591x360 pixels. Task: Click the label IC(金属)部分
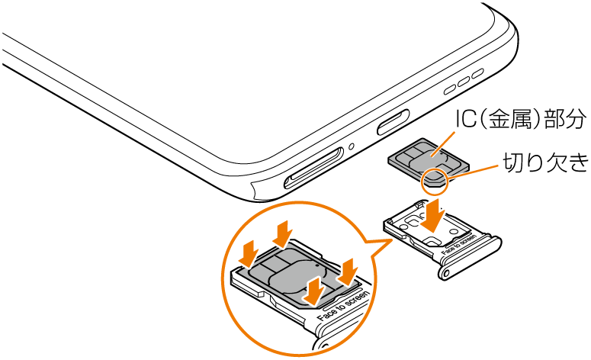(x=521, y=118)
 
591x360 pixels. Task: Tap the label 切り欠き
(x=546, y=162)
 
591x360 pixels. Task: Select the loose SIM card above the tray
(x=429, y=162)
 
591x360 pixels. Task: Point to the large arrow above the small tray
(x=433, y=216)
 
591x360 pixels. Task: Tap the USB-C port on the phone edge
(x=393, y=123)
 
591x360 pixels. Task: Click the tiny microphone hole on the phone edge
(x=352, y=145)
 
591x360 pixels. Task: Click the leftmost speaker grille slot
(x=451, y=89)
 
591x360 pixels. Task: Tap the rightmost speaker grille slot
(x=477, y=73)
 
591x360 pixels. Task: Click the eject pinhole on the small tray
(x=447, y=272)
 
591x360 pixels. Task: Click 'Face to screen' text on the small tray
(x=459, y=245)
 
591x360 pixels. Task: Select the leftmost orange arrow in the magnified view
(x=249, y=254)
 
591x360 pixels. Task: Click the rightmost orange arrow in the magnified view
(x=348, y=272)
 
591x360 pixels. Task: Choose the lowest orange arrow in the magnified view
(x=315, y=291)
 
